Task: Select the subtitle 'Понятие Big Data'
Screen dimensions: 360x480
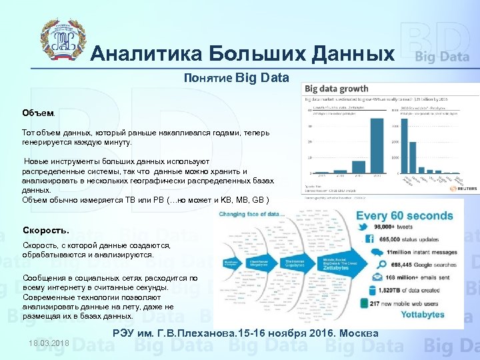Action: [237, 78]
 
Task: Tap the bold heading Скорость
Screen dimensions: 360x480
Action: [45, 231]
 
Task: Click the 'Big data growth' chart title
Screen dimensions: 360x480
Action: [336, 89]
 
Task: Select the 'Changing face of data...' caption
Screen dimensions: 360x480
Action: [252, 214]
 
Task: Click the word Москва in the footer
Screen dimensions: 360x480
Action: [358, 333]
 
